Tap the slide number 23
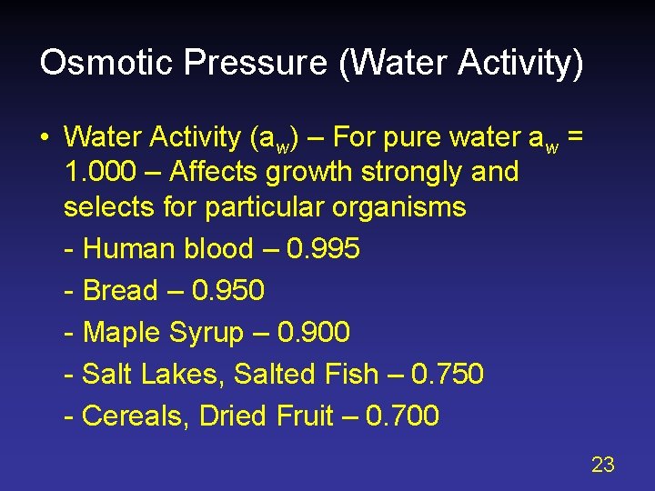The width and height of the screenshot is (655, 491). (x=603, y=466)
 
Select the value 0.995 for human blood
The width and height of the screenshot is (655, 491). (x=323, y=249)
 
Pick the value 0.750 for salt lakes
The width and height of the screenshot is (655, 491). (x=447, y=374)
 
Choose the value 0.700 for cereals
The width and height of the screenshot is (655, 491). (x=402, y=416)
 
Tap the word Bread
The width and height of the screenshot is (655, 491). (x=120, y=291)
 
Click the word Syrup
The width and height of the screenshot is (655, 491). (x=206, y=334)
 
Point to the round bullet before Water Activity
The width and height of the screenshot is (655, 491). (x=44, y=137)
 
